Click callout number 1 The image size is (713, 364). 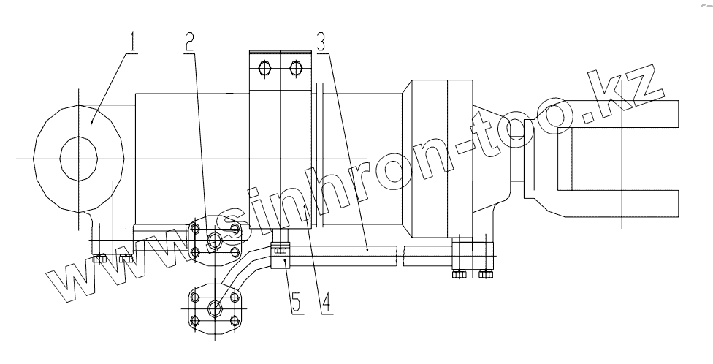click(x=132, y=42)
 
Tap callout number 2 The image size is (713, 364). click(x=190, y=42)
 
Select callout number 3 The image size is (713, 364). click(x=321, y=42)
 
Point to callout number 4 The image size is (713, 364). click(x=327, y=303)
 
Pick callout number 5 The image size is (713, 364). click(x=296, y=303)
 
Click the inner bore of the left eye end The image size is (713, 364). click(x=79, y=159)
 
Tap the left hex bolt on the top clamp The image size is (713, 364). click(x=264, y=69)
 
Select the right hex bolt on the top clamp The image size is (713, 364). click(x=296, y=69)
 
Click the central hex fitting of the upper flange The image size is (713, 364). click(x=215, y=240)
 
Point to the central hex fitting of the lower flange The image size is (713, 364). click(x=215, y=308)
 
